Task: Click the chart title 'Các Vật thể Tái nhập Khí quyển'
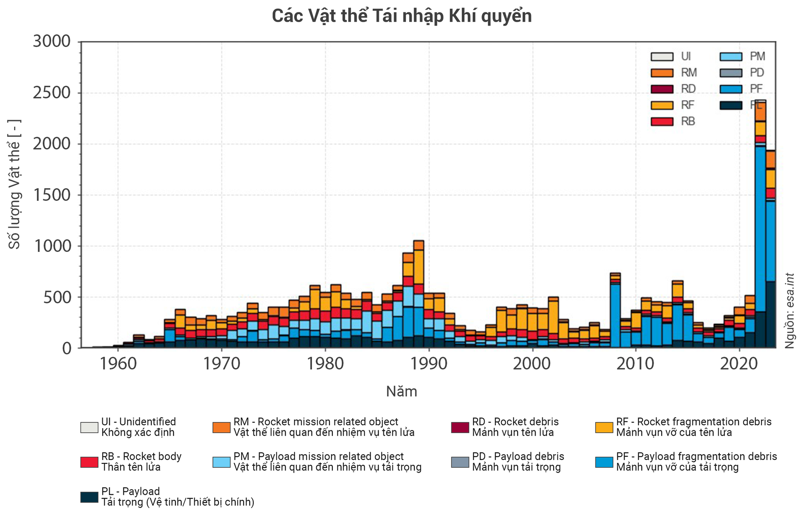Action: tap(402, 16)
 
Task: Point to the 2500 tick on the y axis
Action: tap(52, 93)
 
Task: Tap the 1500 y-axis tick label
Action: tap(52, 195)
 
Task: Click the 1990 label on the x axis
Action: tap(428, 364)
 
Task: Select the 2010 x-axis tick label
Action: tap(635, 364)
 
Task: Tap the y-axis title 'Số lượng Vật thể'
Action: tap(15, 184)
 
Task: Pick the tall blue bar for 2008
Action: tap(615, 314)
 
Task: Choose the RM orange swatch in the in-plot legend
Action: tap(662, 73)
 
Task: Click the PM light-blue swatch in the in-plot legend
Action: tap(731, 56)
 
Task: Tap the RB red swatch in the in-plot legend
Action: tap(662, 121)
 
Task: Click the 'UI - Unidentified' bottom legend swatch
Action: tap(89, 427)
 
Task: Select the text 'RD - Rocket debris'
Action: tap(515, 422)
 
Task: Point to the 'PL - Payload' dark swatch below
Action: tap(89, 497)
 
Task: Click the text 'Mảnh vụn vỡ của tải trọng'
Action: tap(677, 467)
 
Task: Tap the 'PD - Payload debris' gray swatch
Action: tap(460, 462)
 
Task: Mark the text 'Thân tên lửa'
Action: tap(131, 467)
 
